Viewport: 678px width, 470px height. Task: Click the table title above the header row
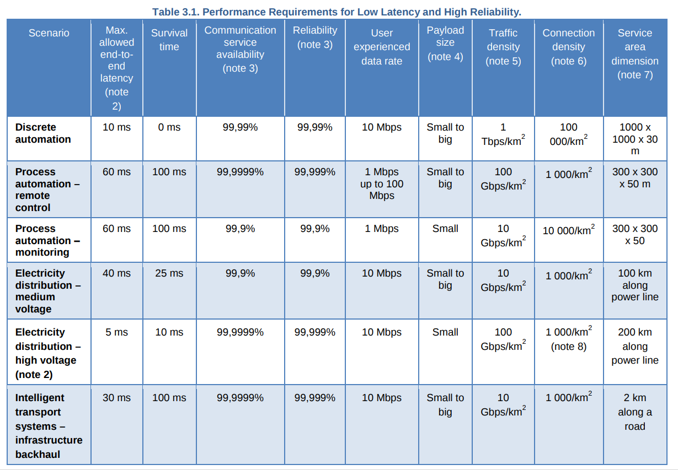[337, 12]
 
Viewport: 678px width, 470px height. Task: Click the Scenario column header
[49, 33]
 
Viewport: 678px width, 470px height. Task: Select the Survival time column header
[169, 40]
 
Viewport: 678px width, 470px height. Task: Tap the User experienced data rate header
[381, 47]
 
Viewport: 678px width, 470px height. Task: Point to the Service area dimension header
[634, 53]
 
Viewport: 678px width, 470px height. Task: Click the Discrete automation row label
[43, 133]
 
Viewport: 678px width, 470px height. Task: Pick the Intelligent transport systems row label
[49, 426]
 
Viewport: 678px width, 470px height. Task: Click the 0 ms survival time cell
[169, 127]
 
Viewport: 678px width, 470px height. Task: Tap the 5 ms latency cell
[116, 332]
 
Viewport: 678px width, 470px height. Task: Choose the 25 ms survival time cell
[169, 273]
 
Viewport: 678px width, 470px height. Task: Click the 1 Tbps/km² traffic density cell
[503, 134]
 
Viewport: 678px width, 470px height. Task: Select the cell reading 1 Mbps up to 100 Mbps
[381, 183]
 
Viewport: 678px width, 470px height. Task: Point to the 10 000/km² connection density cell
[568, 230]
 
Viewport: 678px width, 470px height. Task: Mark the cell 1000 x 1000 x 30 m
[634, 139]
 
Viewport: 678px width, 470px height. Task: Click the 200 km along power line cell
[634, 346]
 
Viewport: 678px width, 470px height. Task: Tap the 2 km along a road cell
[634, 412]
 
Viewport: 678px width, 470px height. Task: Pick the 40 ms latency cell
[116, 273]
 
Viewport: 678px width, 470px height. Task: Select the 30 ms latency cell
[116, 398]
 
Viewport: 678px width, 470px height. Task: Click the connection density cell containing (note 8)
[568, 339]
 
